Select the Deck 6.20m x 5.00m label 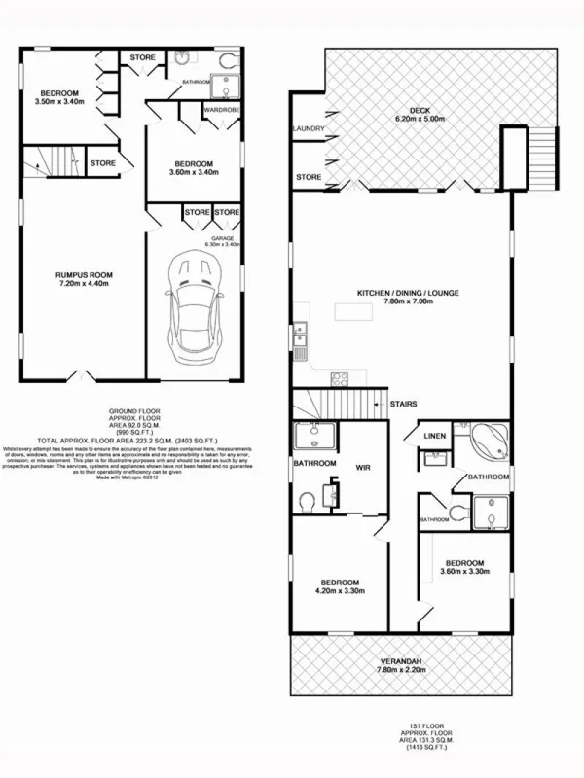[420, 114]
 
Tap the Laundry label [307, 128]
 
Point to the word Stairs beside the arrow [403, 402]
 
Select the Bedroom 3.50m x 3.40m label [59, 95]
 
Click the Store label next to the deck [310, 177]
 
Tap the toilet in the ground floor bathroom [227, 60]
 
